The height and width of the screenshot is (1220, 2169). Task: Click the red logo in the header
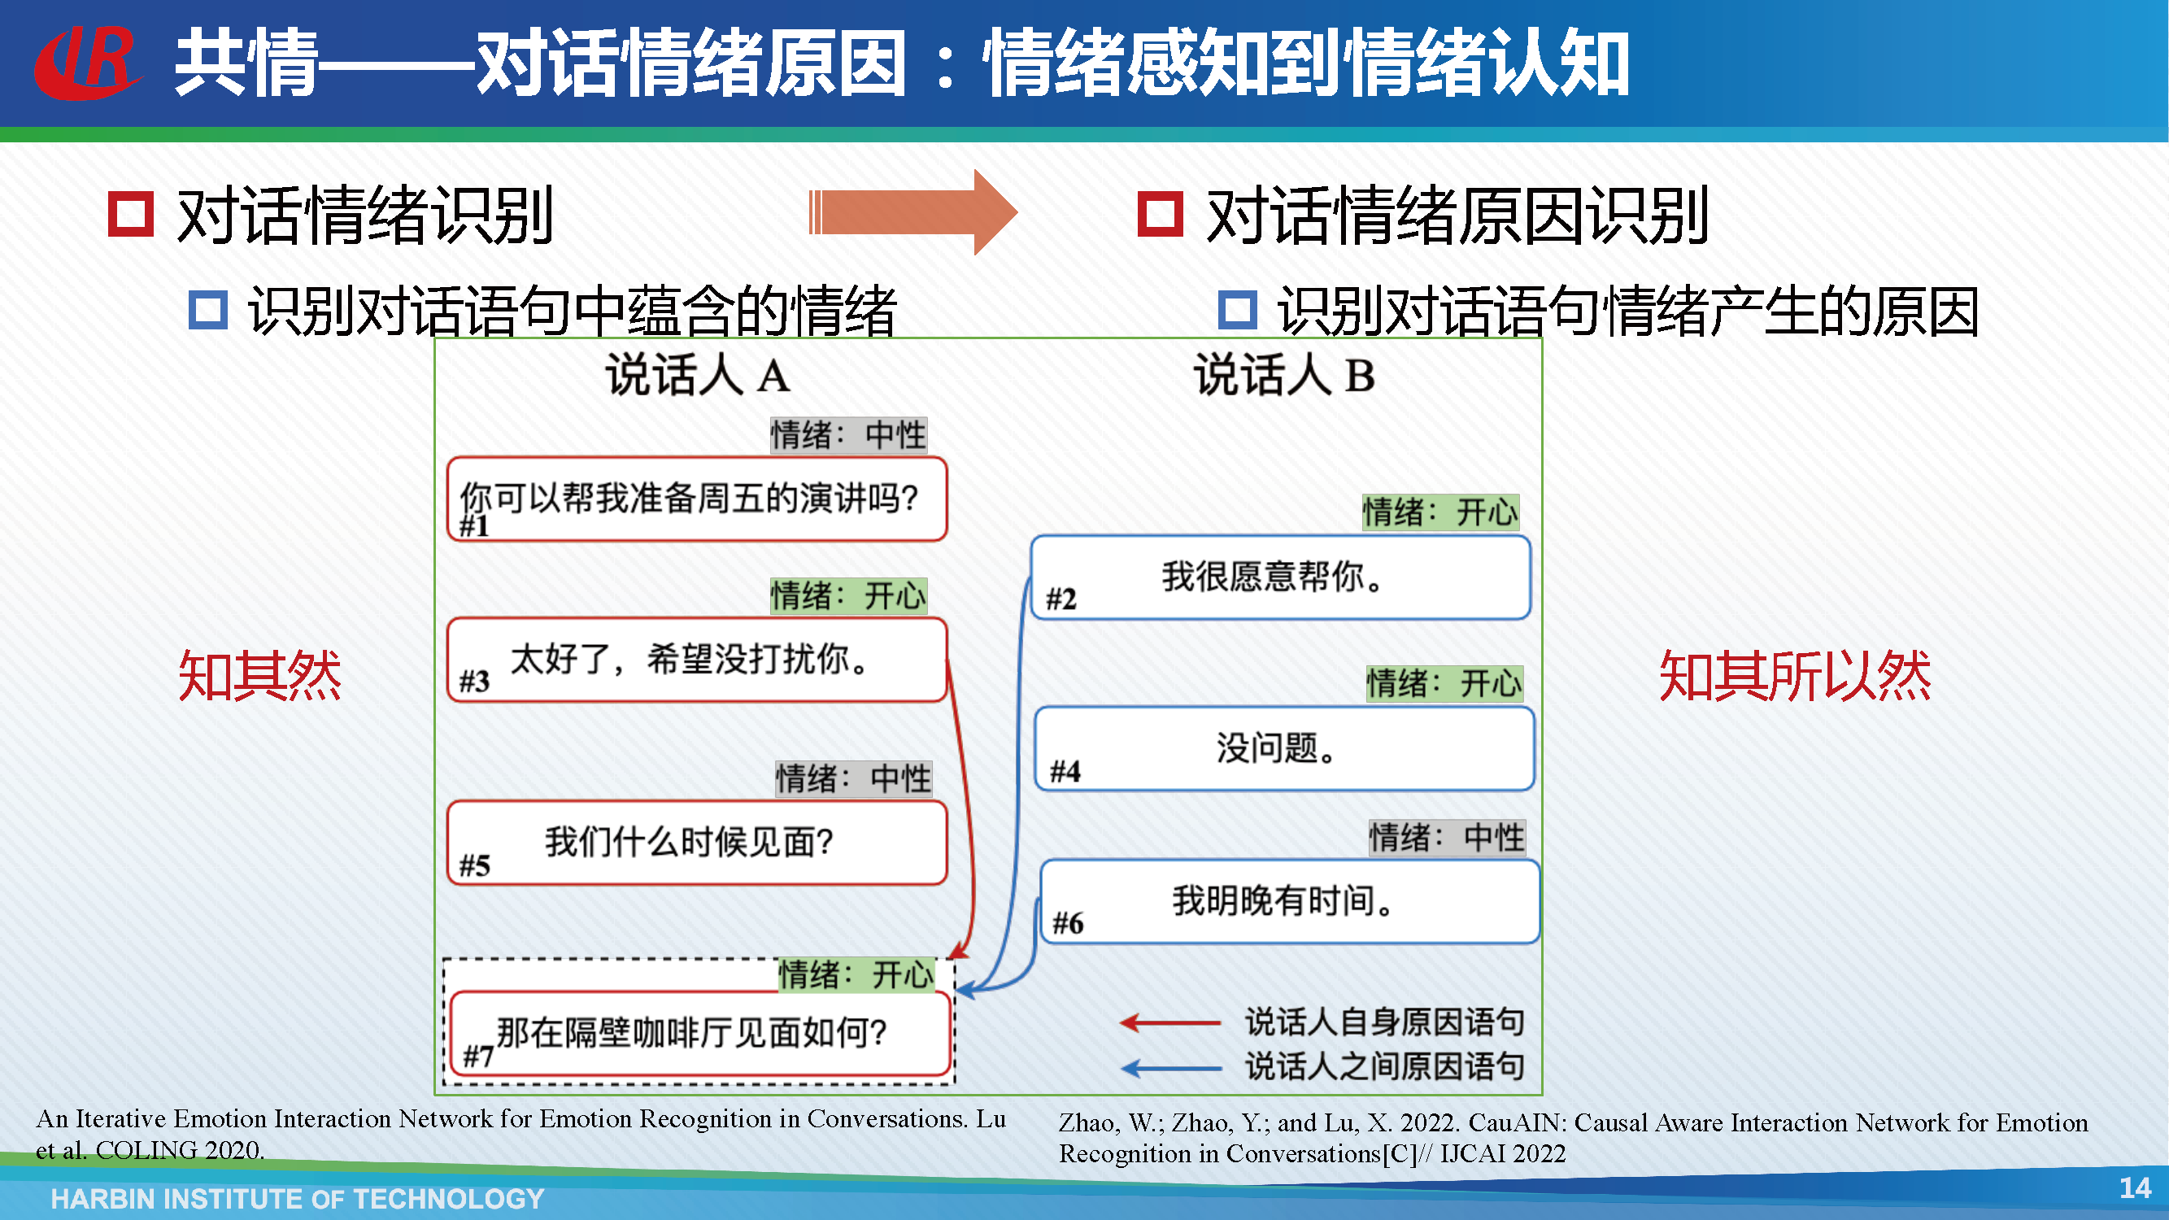[x=87, y=63]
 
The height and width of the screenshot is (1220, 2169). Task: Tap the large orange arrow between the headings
[x=912, y=212]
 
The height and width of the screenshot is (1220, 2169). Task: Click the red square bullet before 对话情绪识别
[x=130, y=214]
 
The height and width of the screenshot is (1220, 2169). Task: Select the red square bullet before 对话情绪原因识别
[x=1161, y=214]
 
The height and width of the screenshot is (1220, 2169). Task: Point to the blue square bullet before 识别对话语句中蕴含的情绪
[x=208, y=310]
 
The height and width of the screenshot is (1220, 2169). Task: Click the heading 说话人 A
[x=697, y=375]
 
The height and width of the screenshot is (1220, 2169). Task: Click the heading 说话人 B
[x=1284, y=375]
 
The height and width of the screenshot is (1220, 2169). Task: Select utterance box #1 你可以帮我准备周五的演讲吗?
[x=697, y=499]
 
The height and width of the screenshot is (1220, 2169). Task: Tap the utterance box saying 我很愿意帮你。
[x=1281, y=577]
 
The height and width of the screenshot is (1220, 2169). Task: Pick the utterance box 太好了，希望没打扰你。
[x=697, y=660]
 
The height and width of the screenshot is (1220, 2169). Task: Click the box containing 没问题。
[x=1284, y=748]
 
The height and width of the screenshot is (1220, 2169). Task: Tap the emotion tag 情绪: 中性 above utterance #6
[x=1447, y=838]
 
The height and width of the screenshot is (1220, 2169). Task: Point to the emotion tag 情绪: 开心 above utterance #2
[x=1440, y=512]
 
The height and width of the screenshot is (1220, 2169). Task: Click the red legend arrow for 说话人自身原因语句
[x=1170, y=1023]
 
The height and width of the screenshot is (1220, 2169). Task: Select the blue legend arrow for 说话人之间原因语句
[x=1170, y=1069]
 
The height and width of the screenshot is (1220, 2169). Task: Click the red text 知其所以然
[x=1794, y=675]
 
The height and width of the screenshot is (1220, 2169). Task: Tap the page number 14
[x=2135, y=1187]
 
